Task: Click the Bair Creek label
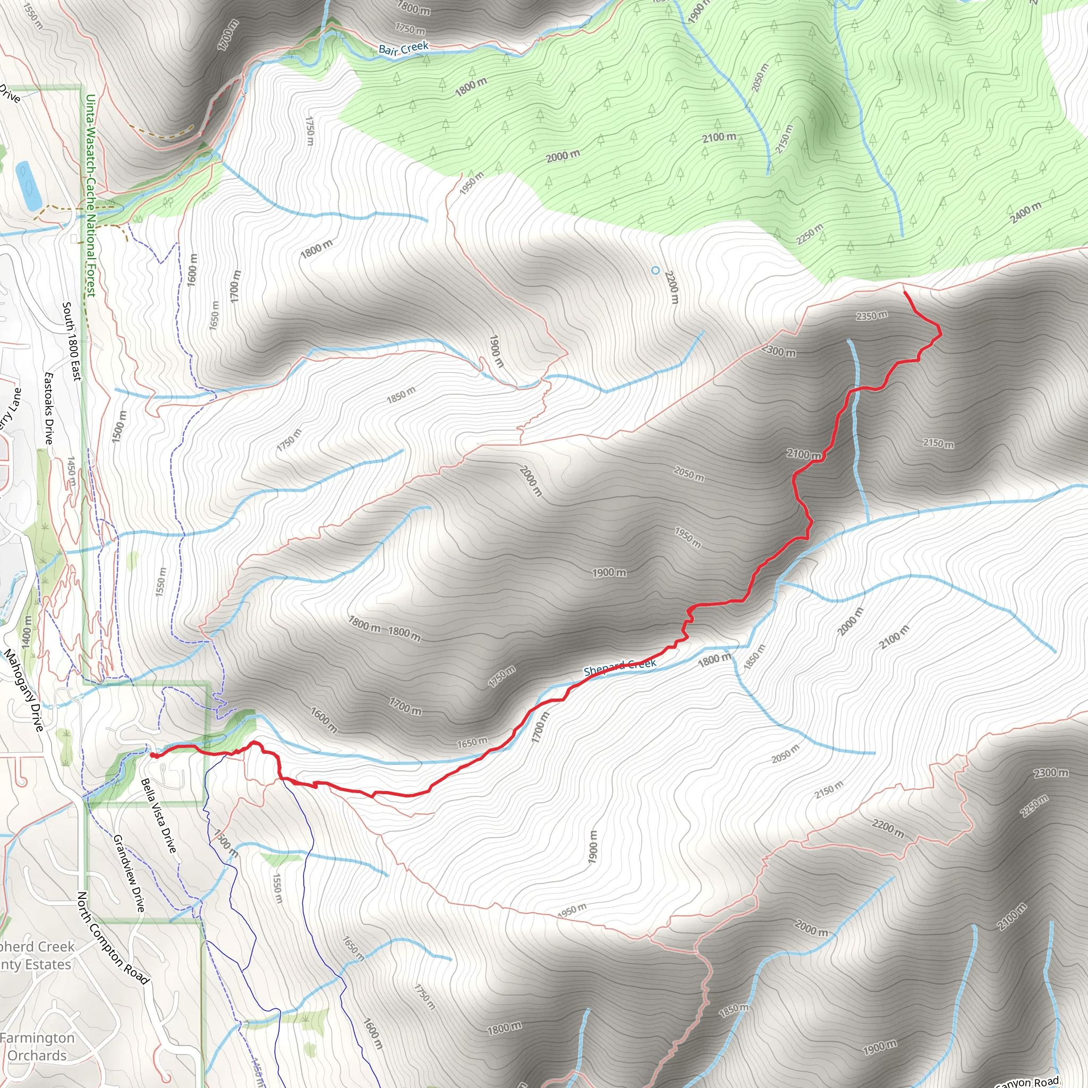[x=403, y=48]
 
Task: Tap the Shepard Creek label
[x=619, y=667]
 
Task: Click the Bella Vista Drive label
[x=158, y=815]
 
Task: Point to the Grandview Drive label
[x=129, y=873]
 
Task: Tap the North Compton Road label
[x=113, y=938]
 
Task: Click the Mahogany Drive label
[x=24, y=691]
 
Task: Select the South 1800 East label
[x=72, y=341]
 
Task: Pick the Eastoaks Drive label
[x=49, y=409]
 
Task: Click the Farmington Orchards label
[x=37, y=1047]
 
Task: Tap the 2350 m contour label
[x=872, y=316]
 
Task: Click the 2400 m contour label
[x=1025, y=213]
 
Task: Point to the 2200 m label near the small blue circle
[x=671, y=287]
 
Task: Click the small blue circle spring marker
[x=655, y=270]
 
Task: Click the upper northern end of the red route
[x=904, y=292]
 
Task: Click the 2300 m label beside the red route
[x=779, y=351]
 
